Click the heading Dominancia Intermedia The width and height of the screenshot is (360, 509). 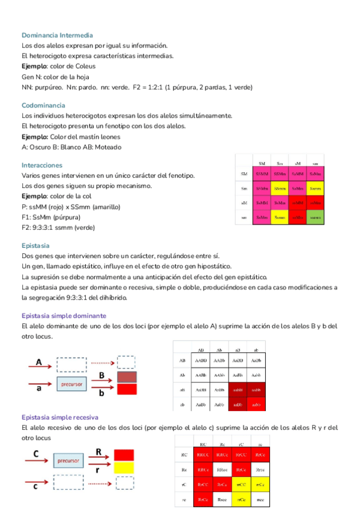(57, 35)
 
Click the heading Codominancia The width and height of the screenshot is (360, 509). (43, 105)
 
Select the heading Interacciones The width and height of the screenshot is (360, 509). (42, 165)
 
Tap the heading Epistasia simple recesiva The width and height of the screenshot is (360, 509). (60, 417)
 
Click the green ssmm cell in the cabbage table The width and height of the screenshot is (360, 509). (316, 217)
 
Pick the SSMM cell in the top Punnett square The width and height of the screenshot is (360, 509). (262, 173)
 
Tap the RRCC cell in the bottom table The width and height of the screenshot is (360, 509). (203, 454)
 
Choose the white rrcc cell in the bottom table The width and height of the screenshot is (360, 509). (260, 499)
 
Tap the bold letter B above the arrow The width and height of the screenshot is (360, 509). (102, 375)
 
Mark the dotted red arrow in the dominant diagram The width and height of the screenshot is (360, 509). (102, 363)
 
